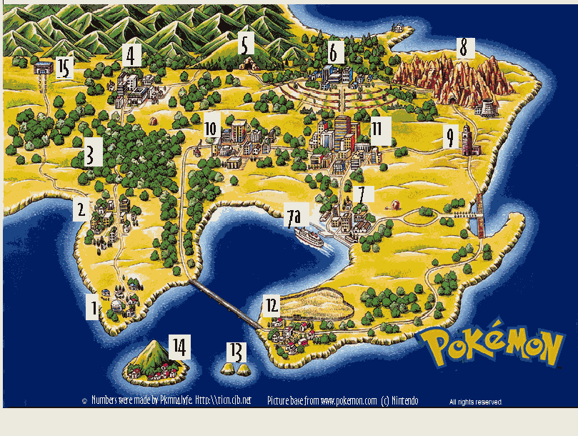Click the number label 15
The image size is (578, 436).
[64, 69]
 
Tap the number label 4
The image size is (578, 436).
[131, 54]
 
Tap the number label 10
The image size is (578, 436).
[211, 129]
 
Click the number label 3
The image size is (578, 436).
[90, 155]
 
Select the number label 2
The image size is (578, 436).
[81, 210]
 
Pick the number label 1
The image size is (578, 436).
[92, 308]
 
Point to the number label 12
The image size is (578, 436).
[271, 305]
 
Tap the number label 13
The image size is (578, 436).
[236, 351]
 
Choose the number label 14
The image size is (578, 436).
[179, 347]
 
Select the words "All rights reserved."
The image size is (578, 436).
[475, 402]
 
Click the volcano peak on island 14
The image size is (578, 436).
[151, 346]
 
